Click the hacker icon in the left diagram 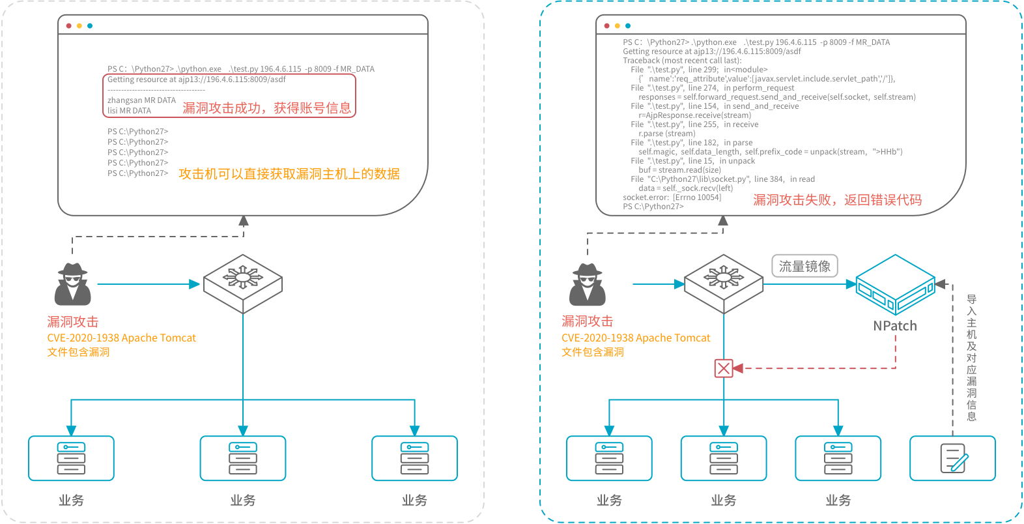(72, 284)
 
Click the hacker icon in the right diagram (587, 284)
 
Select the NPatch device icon (895, 285)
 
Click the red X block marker (724, 368)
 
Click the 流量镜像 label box (804, 266)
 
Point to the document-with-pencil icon (953, 458)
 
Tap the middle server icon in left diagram (243, 458)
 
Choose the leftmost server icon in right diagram (609, 458)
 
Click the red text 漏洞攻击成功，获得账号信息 (266, 108)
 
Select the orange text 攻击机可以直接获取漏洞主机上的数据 (289, 174)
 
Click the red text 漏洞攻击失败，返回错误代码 (837, 200)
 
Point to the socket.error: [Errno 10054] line (672, 197)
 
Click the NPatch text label (894, 326)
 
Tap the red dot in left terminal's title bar (69, 26)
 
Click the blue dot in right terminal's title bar (628, 26)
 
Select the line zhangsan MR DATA (141, 100)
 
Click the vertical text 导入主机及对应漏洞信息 (971, 358)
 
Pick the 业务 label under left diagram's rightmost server (414, 500)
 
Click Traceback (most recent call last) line (681, 61)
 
